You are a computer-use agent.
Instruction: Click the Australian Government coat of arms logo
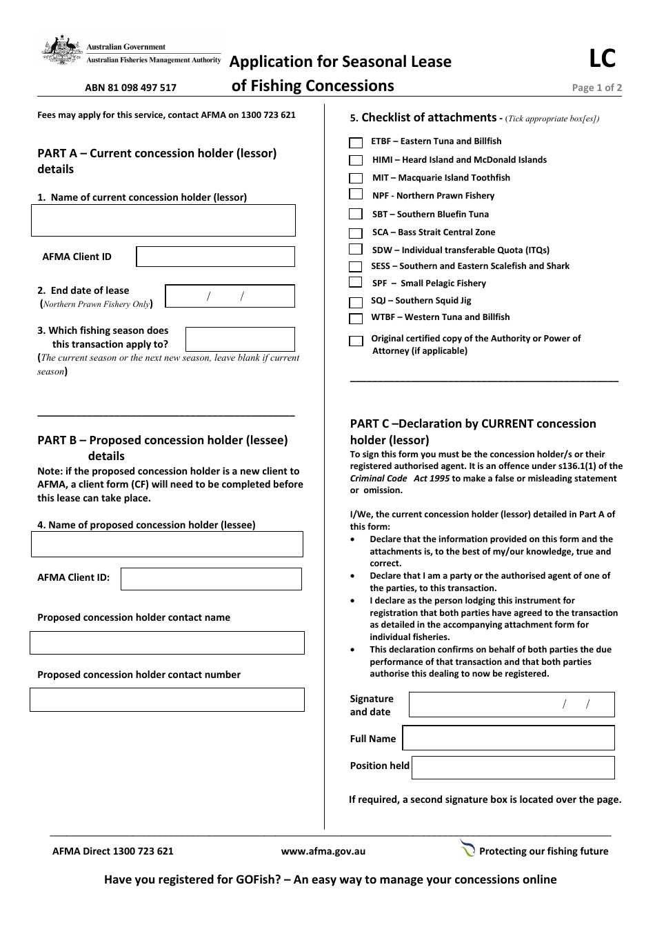point(62,50)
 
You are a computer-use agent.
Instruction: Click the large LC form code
point(602,59)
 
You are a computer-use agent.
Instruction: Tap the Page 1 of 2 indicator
point(596,88)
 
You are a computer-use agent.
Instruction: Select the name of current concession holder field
point(163,221)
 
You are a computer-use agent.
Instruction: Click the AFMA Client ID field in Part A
point(215,257)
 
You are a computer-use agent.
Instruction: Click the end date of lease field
point(230,297)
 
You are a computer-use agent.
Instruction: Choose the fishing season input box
point(240,339)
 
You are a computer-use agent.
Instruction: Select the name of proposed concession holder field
point(167,544)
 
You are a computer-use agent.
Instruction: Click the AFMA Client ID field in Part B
point(211,579)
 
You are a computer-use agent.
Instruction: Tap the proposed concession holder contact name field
point(167,643)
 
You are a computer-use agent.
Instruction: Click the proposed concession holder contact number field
point(167,699)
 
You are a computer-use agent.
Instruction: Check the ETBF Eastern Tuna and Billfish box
point(356,143)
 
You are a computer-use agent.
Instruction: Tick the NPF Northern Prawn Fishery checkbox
point(356,195)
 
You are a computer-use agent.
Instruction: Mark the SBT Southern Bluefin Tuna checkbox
point(356,215)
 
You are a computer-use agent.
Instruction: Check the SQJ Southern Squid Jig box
point(356,302)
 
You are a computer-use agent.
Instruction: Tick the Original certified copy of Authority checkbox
point(356,341)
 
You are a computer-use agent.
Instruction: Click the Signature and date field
point(511,705)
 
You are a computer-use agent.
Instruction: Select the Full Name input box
point(508,738)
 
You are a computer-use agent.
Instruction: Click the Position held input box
point(512,768)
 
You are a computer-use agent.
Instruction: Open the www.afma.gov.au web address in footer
point(323,851)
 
